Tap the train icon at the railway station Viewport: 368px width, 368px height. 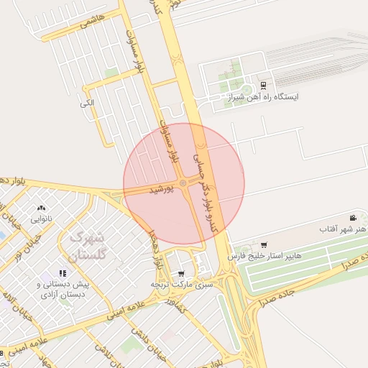pos(264,85)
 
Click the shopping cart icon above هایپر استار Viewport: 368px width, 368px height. pos(264,245)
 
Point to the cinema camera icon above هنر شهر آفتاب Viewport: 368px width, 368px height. pos(353,218)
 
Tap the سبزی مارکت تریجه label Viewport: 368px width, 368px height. pos(182,285)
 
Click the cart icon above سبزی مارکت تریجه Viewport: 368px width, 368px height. pos(181,274)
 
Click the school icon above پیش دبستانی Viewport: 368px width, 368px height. pos(63,273)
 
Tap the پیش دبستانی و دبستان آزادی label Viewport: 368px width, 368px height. pos(61,289)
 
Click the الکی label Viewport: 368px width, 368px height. pos(87,103)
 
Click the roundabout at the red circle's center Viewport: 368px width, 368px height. pos(183,185)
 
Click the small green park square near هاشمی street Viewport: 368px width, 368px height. pos(111,73)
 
